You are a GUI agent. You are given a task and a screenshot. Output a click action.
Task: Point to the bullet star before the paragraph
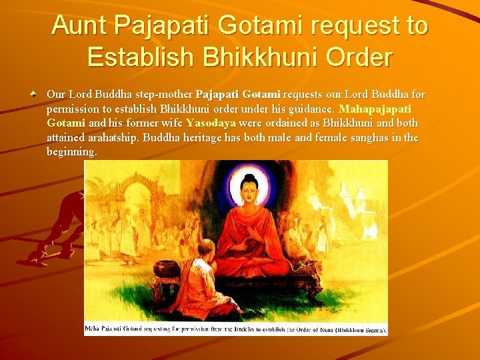(35, 95)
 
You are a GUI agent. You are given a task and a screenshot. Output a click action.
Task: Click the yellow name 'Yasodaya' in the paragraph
(211, 123)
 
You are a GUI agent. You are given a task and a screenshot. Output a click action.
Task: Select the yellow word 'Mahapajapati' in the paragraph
(375, 109)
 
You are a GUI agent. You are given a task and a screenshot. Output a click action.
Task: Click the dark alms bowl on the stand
(167, 268)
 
